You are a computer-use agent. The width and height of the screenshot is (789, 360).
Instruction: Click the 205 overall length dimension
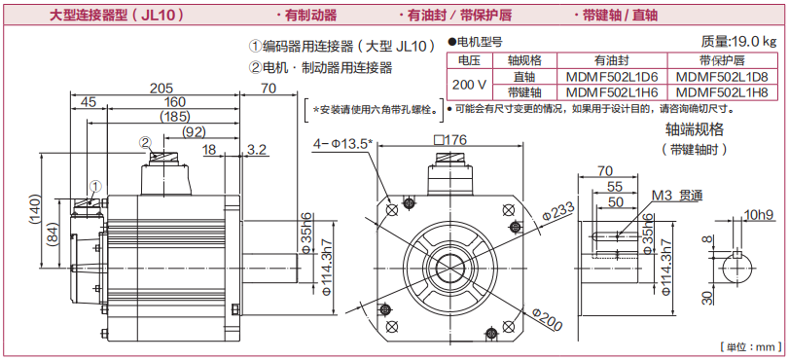tap(161, 88)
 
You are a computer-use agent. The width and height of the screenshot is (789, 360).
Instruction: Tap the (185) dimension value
tap(174, 117)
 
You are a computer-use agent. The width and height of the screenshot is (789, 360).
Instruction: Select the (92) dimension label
tap(194, 132)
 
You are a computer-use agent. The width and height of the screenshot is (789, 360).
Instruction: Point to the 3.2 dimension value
tap(257, 149)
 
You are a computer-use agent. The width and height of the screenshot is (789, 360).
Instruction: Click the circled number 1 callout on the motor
tap(95, 186)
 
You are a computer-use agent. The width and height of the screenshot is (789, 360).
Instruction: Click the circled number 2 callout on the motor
tap(145, 143)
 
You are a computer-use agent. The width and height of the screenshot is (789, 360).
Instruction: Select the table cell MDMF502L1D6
tap(612, 77)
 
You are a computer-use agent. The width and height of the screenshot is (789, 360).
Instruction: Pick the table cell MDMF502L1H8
tap(722, 92)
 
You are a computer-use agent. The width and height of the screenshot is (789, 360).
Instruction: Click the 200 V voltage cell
tap(470, 84)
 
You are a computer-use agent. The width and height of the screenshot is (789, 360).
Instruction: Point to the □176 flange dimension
tap(449, 139)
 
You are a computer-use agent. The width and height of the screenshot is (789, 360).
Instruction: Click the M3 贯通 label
tap(677, 196)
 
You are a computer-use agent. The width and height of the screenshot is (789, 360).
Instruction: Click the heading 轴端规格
tap(695, 129)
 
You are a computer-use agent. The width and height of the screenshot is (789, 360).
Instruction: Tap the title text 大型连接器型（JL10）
tap(116, 15)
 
